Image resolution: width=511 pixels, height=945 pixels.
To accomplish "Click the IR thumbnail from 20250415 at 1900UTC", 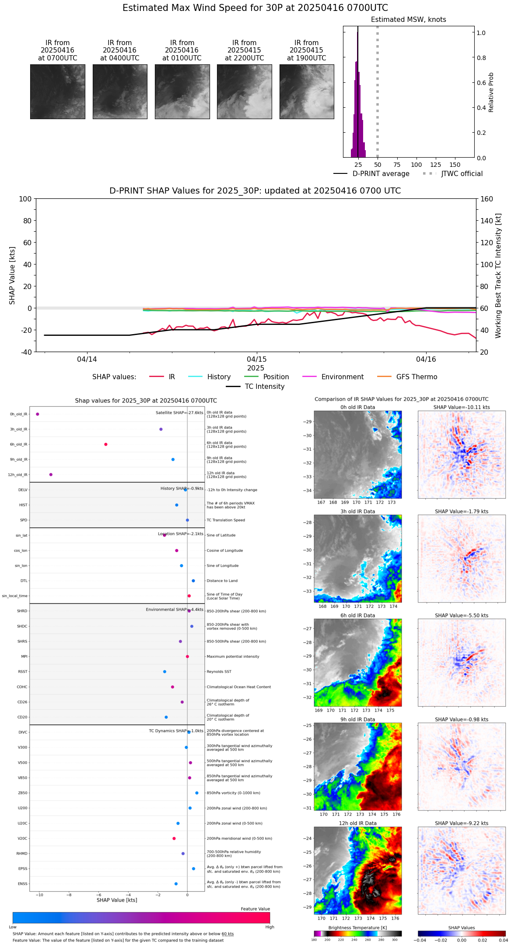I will point(306,92).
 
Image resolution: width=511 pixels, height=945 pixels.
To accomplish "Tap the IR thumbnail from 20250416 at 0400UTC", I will point(120,92).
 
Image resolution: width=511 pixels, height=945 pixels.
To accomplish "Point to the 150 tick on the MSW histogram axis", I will point(455,165).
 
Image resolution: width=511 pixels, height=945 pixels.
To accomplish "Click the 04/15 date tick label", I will point(257,360).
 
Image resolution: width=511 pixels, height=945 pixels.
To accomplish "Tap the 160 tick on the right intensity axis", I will point(486,199).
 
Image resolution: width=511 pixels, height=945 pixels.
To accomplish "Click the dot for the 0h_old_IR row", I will point(38,414).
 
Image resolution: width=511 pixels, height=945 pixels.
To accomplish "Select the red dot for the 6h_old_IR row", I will point(106,444).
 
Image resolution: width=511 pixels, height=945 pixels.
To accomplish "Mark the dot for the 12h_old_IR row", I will point(51,475).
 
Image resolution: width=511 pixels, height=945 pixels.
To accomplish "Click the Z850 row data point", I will point(197,793).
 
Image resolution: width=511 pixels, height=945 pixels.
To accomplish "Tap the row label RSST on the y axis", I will point(23,672).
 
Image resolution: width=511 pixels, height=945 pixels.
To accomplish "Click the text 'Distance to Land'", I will point(222,581).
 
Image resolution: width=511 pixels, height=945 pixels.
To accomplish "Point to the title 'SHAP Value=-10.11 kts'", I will point(462,407).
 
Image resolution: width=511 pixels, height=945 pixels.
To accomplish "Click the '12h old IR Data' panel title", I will point(357,823).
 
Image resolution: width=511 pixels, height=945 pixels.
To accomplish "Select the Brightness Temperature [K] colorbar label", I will point(357,928).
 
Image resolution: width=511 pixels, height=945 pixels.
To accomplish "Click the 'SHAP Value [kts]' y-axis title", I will point(12,275).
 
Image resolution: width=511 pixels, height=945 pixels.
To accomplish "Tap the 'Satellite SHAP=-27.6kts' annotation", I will point(179,413).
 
